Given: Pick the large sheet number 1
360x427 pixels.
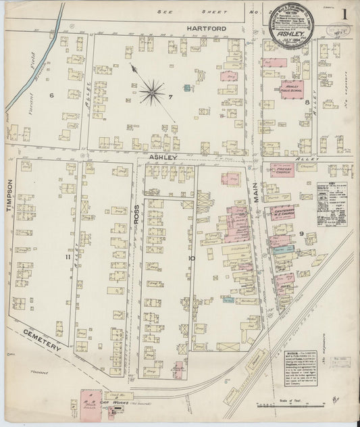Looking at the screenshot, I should [x=344, y=14].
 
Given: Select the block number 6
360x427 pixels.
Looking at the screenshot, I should [x=51, y=95].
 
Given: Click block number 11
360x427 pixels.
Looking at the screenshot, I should [x=68, y=257].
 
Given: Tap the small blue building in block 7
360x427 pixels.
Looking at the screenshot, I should [x=186, y=88].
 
